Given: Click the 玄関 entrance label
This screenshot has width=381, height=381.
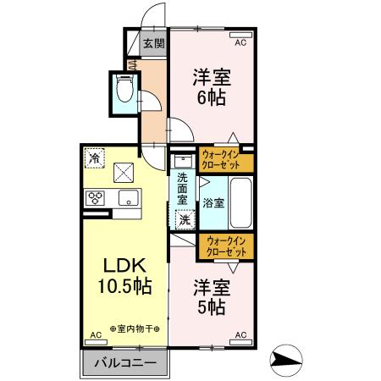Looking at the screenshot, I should (152, 44).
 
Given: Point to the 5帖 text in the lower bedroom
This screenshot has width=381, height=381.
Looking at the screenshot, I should (212, 306).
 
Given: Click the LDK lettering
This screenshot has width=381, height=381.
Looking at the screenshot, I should (125, 264).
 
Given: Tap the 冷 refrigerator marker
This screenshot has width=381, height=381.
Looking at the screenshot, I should (96, 158).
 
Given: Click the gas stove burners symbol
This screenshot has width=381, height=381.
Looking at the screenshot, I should (96, 199).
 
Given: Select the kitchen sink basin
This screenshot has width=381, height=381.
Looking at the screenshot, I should (128, 199).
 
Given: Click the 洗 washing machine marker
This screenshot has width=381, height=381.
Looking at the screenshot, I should (184, 220).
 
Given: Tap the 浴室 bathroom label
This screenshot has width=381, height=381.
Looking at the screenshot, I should (213, 203).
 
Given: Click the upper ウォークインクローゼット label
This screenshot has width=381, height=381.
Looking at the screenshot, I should (224, 158).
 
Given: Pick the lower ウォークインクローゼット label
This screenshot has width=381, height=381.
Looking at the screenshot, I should (224, 246).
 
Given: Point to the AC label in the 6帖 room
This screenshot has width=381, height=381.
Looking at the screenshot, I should (240, 41).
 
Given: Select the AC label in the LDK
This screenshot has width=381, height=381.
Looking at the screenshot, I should (95, 335).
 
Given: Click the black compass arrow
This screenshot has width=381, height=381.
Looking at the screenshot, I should (293, 361).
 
